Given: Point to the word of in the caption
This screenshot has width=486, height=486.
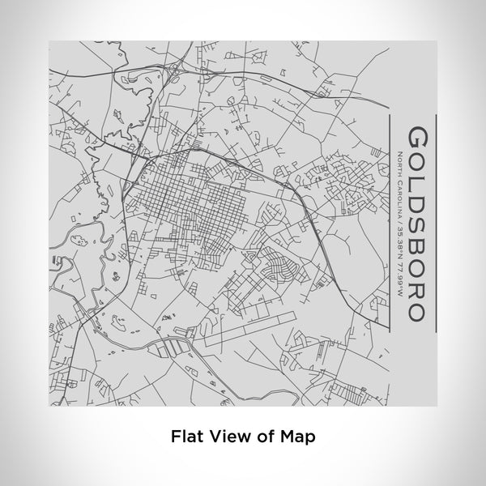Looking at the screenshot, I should [x=264, y=435].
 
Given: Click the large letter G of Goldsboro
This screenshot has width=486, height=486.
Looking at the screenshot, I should [x=419, y=136].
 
